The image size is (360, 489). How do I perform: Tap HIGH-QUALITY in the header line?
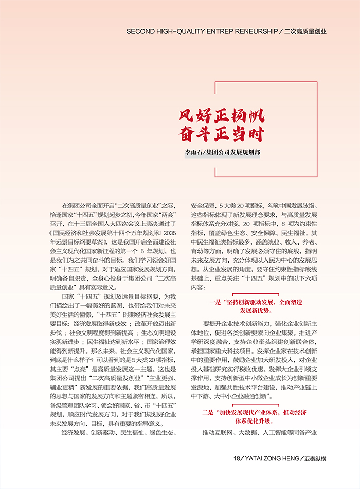[x=179, y=31]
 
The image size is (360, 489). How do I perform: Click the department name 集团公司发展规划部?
[x=235, y=153]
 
